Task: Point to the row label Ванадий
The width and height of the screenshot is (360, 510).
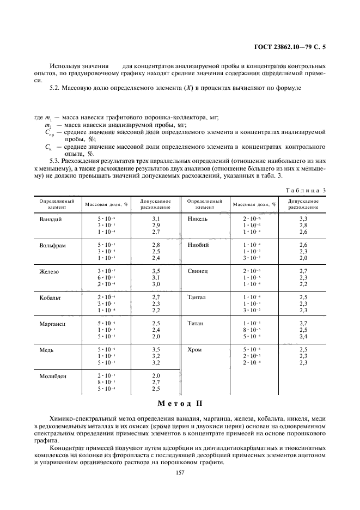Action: (x=51, y=219)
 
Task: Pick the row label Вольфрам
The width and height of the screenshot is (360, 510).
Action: (x=53, y=245)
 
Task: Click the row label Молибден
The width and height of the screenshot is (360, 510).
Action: (x=53, y=377)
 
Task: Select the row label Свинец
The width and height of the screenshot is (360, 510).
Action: (x=197, y=271)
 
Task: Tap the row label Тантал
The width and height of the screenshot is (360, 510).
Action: (x=197, y=297)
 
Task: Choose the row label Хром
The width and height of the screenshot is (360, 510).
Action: (x=195, y=350)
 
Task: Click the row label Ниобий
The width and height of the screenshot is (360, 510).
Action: (x=198, y=245)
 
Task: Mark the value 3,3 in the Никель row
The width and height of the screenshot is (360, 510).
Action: (x=303, y=218)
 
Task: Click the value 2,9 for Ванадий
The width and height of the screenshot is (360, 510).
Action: (x=156, y=225)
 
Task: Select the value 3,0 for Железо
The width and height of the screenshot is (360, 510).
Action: (x=156, y=284)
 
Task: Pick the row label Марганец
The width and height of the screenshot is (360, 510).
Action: (x=52, y=324)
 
